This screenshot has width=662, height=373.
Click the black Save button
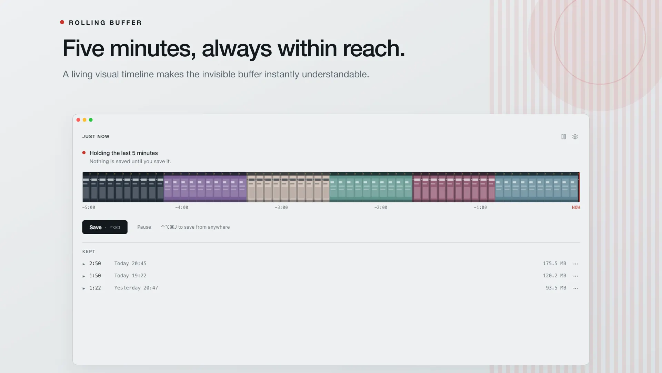[x=105, y=227]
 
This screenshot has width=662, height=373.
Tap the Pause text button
[x=144, y=227]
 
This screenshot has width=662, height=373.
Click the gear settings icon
[x=575, y=137]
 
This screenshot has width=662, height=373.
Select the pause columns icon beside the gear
[x=564, y=137]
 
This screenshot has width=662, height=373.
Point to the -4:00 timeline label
[x=182, y=208]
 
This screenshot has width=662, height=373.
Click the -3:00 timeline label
[x=281, y=208]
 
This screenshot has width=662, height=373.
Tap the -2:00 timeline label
[x=381, y=208]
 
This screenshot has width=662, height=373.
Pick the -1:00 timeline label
[x=480, y=208]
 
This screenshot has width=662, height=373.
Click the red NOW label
[x=576, y=208]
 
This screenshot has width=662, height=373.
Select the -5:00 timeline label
[x=89, y=208]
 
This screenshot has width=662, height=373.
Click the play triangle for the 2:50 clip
[x=84, y=264]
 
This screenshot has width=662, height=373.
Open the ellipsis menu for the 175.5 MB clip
[x=575, y=264]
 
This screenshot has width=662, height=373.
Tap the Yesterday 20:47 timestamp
[x=136, y=288]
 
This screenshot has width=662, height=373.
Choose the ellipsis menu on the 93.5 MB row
[x=575, y=288]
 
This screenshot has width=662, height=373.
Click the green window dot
[x=91, y=120]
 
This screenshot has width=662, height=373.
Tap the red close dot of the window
[x=78, y=120]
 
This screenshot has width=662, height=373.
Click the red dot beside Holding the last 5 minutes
[x=84, y=153]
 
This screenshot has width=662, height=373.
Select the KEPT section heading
[x=89, y=251]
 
